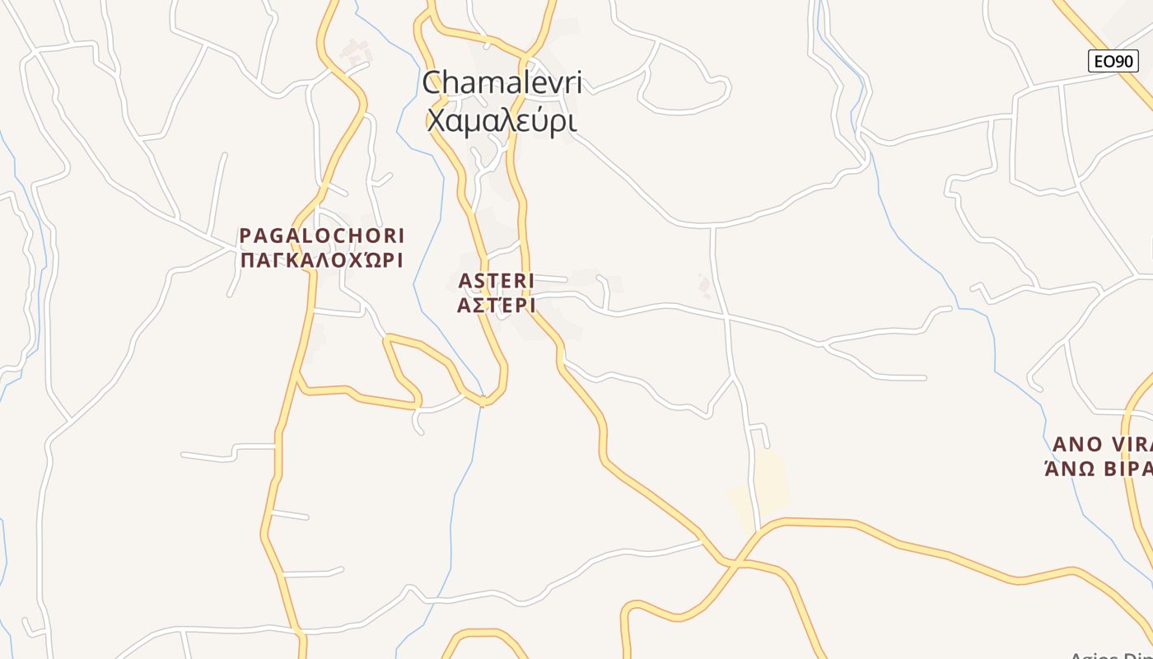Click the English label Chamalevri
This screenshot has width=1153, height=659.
pyautogui.click(x=502, y=82)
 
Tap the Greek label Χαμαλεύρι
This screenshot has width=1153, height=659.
pyautogui.click(x=501, y=120)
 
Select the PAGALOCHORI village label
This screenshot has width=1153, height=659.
pyautogui.click(x=322, y=236)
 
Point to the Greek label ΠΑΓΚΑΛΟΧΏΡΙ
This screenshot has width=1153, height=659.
pyautogui.click(x=321, y=260)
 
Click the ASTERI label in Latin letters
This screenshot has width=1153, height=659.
pyautogui.click(x=497, y=281)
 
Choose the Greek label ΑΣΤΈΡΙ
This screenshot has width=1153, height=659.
pyautogui.click(x=497, y=306)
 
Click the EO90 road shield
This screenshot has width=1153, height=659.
pyautogui.click(x=1113, y=61)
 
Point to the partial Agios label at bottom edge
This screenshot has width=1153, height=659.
pyautogui.click(x=1112, y=655)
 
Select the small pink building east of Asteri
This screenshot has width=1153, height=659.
pyautogui.click(x=704, y=286)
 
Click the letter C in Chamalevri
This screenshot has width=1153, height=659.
pyautogui.click(x=434, y=82)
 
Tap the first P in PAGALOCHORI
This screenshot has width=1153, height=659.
pyautogui.click(x=245, y=236)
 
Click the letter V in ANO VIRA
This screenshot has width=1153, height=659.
pyautogui.click(x=1120, y=444)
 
